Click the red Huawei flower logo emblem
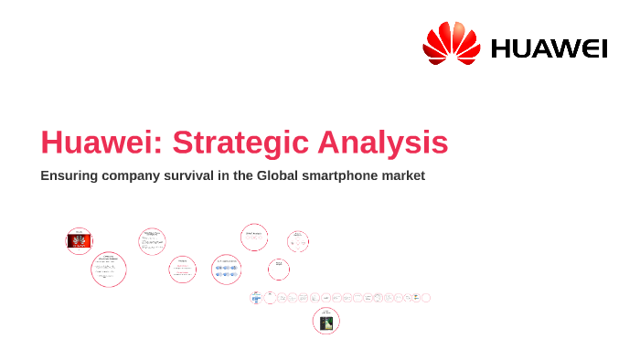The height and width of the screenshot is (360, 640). (451, 44)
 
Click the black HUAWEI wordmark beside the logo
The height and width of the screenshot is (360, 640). (549, 48)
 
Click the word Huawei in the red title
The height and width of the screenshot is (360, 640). (101, 143)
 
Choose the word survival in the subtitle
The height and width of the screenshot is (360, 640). (206, 175)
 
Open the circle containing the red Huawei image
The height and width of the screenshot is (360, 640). (80, 240)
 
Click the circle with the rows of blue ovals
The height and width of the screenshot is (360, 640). (226, 269)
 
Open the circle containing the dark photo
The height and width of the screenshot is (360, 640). (325, 321)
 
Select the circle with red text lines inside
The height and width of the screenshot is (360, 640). (182, 269)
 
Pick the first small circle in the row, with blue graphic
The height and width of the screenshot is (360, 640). (256, 298)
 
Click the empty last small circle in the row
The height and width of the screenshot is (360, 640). (426, 298)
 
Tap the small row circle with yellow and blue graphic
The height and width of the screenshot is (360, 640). (415, 298)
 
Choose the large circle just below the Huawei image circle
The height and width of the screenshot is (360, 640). (108, 270)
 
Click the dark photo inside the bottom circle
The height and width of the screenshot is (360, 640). (325, 323)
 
